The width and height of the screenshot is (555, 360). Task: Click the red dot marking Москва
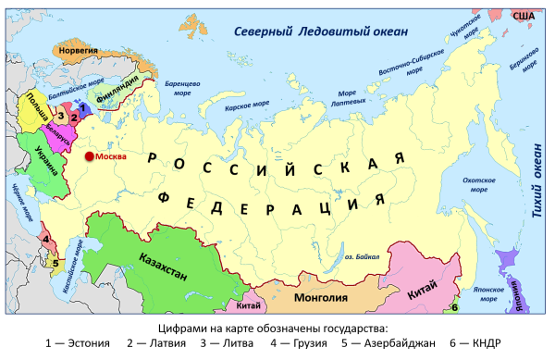[x=89, y=157]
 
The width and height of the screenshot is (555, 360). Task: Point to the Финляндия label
[x=118, y=93]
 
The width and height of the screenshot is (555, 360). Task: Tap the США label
[x=524, y=16]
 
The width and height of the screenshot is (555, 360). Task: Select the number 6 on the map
[x=455, y=306]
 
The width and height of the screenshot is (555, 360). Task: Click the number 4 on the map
[x=43, y=240]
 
